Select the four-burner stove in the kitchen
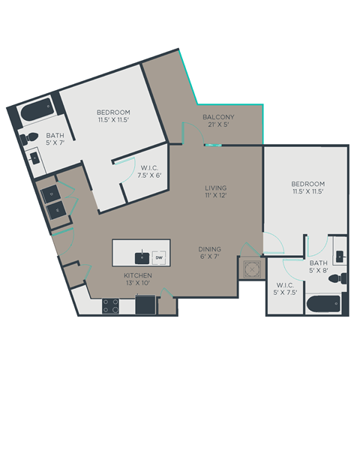coord(110,305)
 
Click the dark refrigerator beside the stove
coord(145,305)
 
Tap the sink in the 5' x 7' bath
coord(35,158)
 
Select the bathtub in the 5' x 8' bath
coord(323,304)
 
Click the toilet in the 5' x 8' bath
coord(341,278)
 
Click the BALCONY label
coord(218,117)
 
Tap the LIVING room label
coord(216,188)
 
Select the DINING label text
coord(209,249)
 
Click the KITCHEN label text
coord(139,275)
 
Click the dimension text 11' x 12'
coord(216,196)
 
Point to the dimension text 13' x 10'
coord(139,284)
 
